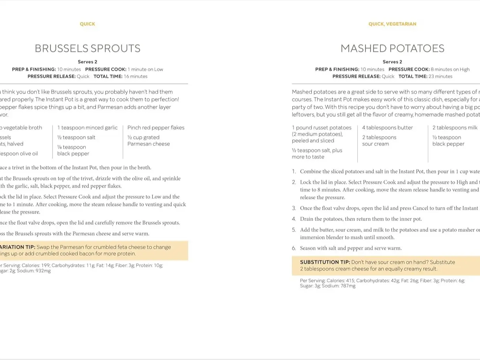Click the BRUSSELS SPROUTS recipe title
click(x=87, y=48)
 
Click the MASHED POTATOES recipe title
click(x=392, y=48)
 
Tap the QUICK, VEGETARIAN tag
click(x=392, y=24)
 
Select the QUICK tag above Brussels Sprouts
click(x=87, y=24)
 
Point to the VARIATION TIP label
click(x=18, y=247)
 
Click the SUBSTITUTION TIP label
click(x=325, y=262)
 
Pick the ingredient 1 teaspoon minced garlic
click(x=87, y=128)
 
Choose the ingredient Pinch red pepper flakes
click(x=156, y=128)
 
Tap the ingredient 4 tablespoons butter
click(x=387, y=128)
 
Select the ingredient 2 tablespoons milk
click(x=455, y=128)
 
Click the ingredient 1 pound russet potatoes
click(x=322, y=128)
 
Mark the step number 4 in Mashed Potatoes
click(x=294, y=219)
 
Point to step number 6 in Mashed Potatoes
click(x=294, y=248)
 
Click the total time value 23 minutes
click(x=440, y=76)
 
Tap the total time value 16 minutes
click(x=135, y=76)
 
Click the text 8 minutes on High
click(x=450, y=69)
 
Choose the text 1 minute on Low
click(x=145, y=69)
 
